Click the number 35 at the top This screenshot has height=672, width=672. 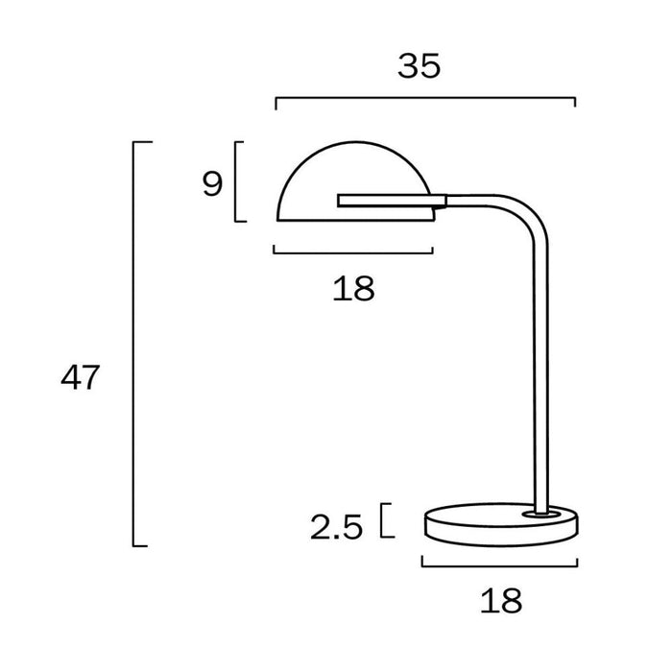click(x=419, y=66)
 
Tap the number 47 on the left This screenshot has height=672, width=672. click(x=80, y=377)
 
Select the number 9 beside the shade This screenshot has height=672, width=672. click(x=212, y=184)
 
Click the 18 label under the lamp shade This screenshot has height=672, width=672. click(x=353, y=288)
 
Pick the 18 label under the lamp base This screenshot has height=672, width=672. click(x=501, y=600)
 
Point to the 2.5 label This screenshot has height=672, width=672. click(x=336, y=527)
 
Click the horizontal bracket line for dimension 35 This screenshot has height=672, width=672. click(x=425, y=98)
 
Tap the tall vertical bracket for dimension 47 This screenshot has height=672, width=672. click(x=133, y=344)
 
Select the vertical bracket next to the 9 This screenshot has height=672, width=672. click(x=236, y=181)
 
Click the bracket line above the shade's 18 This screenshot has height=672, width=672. click(x=353, y=252)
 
